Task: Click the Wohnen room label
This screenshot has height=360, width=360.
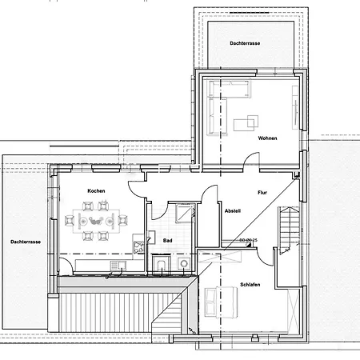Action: (x=267, y=138)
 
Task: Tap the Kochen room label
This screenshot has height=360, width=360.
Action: (x=97, y=191)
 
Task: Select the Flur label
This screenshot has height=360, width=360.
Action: (x=262, y=193)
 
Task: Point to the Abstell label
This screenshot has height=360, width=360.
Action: (x=233, y=210)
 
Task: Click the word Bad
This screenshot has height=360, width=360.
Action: (x=168, y=240)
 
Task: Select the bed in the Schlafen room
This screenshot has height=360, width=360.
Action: (x=222, y=301)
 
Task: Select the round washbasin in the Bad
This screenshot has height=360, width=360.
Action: (x=185, y=263)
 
